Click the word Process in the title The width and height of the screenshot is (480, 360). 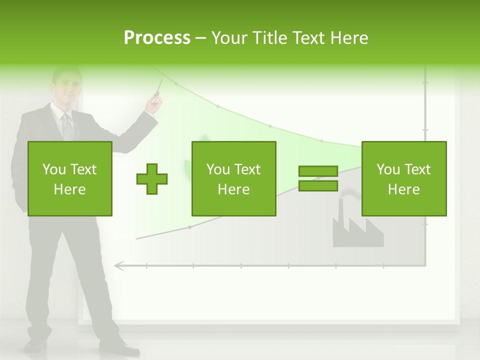tap(157, 38)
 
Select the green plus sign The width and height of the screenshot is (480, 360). tap(152, 179)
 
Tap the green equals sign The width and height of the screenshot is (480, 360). tap(318, 179)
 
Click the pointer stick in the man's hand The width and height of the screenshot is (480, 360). tap(158, 87)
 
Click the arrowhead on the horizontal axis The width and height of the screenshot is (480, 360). tap(118, 265)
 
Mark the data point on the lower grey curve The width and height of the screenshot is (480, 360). tap(189, 227)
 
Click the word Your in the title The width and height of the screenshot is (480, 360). tap(229, 38)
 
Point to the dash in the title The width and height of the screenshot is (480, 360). tap(201, 38)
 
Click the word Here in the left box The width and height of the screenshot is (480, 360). tap(69, 189)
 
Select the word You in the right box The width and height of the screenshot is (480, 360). tap(388, 169)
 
